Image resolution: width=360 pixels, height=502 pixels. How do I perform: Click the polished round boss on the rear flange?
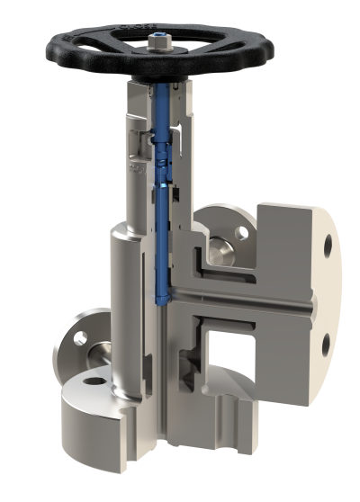pos(220,243)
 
